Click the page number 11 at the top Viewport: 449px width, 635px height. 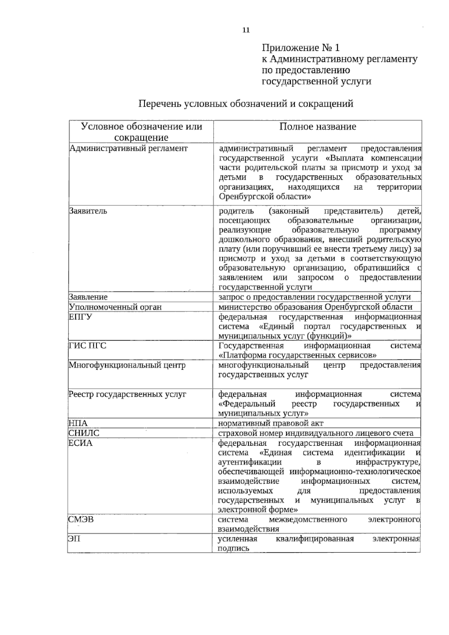(246, 31)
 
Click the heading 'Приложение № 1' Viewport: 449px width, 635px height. (301, 48)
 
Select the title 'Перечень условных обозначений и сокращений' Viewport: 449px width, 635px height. (246, 104)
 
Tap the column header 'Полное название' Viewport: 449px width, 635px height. (318, 126)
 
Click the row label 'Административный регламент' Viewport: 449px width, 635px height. (128, 148)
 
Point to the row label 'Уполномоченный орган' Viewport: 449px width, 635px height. (115, 307)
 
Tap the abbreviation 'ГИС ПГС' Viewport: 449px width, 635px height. (87, 345)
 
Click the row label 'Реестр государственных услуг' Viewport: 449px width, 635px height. (127, 394)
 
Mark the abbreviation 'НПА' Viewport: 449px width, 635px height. (78, 423)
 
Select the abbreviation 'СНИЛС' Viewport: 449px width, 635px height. (84, 433)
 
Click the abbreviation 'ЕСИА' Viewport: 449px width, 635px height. (80, 443)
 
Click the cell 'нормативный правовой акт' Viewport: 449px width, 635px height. (271, 423)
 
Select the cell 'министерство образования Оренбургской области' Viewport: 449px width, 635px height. (315, 307)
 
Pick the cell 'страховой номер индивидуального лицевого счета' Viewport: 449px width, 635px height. (316, 433)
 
